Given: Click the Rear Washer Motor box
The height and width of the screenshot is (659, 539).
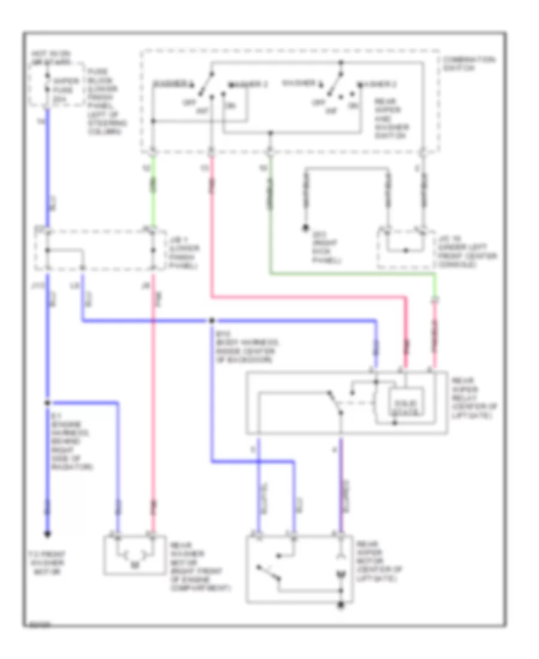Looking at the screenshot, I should [135, 554].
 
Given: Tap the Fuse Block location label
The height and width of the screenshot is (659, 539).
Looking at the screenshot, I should [107, 102].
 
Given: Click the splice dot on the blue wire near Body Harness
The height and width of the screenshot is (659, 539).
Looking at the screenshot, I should [212, 321].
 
